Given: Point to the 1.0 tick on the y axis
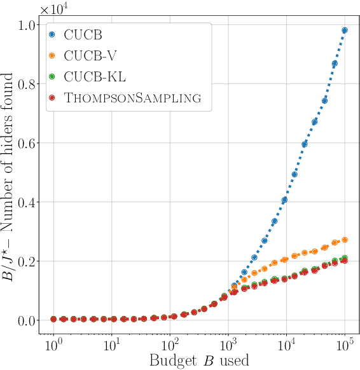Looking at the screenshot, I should [29, 25].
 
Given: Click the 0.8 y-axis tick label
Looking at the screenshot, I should [29, 85].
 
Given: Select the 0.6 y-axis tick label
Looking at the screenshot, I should [29, 144].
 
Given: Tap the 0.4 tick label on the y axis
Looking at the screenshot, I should [29, 203].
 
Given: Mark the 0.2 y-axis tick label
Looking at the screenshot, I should [29, 262].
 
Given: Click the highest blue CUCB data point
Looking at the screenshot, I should [345, 30].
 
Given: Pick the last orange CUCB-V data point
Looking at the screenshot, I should [345, 240].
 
